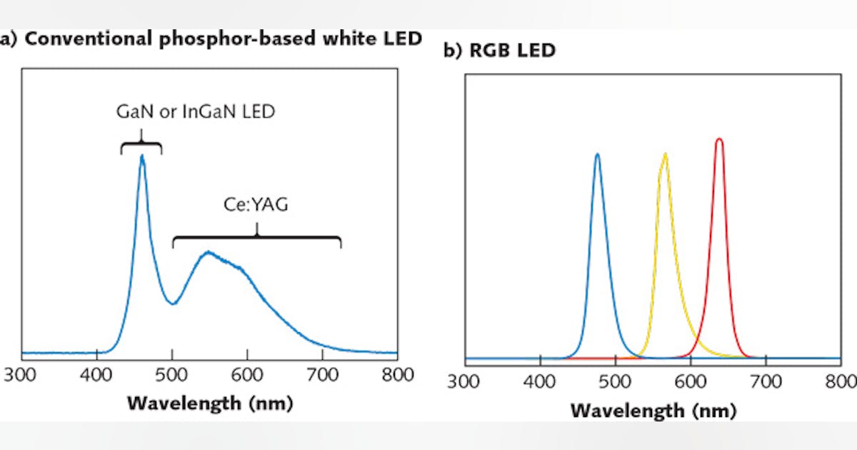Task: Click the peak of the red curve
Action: [719, 139]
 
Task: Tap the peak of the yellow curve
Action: [665, 154]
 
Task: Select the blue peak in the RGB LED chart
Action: [597, 154]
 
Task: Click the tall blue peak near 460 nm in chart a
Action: [142, 156]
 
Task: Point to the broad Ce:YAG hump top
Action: [208, 251]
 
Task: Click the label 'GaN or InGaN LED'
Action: [195, 112]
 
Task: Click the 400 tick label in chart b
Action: [540, 380]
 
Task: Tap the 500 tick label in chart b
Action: [616, 380]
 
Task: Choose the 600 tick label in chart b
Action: [691, 380]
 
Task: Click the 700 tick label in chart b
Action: [766, 380]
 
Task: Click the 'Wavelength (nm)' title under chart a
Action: [210, 404]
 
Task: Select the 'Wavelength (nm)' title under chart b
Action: [653, 411]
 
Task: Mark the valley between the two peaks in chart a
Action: [172, 303]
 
